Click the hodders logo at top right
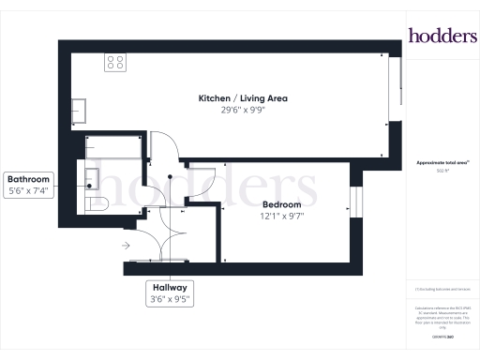pos(442,35)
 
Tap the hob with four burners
pos(116,63)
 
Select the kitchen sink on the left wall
pos(80,110)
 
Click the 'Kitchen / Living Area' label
pos(243,98)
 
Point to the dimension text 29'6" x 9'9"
pos(243,111)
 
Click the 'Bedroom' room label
pos(282,204)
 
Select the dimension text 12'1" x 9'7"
pos(282,217)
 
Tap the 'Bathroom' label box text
pos(29,179)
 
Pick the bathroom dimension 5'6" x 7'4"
pos(29,191)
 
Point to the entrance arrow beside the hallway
pos(126,246)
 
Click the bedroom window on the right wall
pos(354,201)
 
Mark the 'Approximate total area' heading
pos(441,162)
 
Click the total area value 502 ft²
pos(441,171)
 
